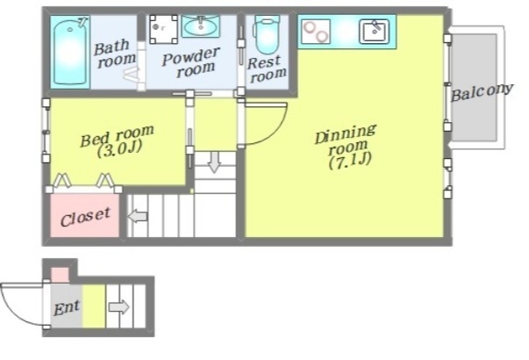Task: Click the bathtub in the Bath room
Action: [x=70, y=52]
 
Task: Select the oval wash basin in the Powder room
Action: [x=201, y=26]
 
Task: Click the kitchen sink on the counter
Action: [x=374, y=32]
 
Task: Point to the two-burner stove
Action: [x=316, y=32]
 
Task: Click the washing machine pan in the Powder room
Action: [x=164, y=29]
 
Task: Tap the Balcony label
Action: [x=482, y=92]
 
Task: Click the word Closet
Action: [x=85, y=217]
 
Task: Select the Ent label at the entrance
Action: [x=67, y=307]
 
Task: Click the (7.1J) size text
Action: [x=350, y=161]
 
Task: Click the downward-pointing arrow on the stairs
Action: [x=214, y=162]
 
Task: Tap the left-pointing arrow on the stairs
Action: [x=138, y=216]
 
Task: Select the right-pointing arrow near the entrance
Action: [x=118, y=307]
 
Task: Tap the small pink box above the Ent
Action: [x=60, y=275]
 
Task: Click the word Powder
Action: [x=191, y=56]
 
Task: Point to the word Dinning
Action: [x=345, y=134]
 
